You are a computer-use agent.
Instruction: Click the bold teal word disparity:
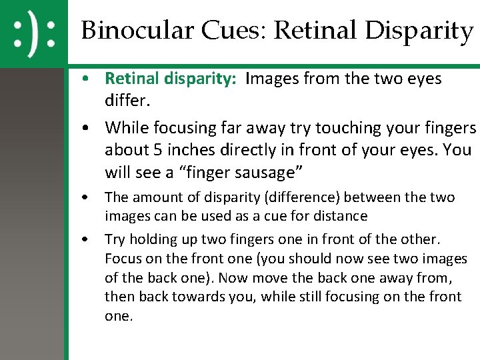[x=200, y=79]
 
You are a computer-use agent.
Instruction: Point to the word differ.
[x=126, y=101]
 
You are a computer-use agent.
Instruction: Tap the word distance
[x=338, y=216]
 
